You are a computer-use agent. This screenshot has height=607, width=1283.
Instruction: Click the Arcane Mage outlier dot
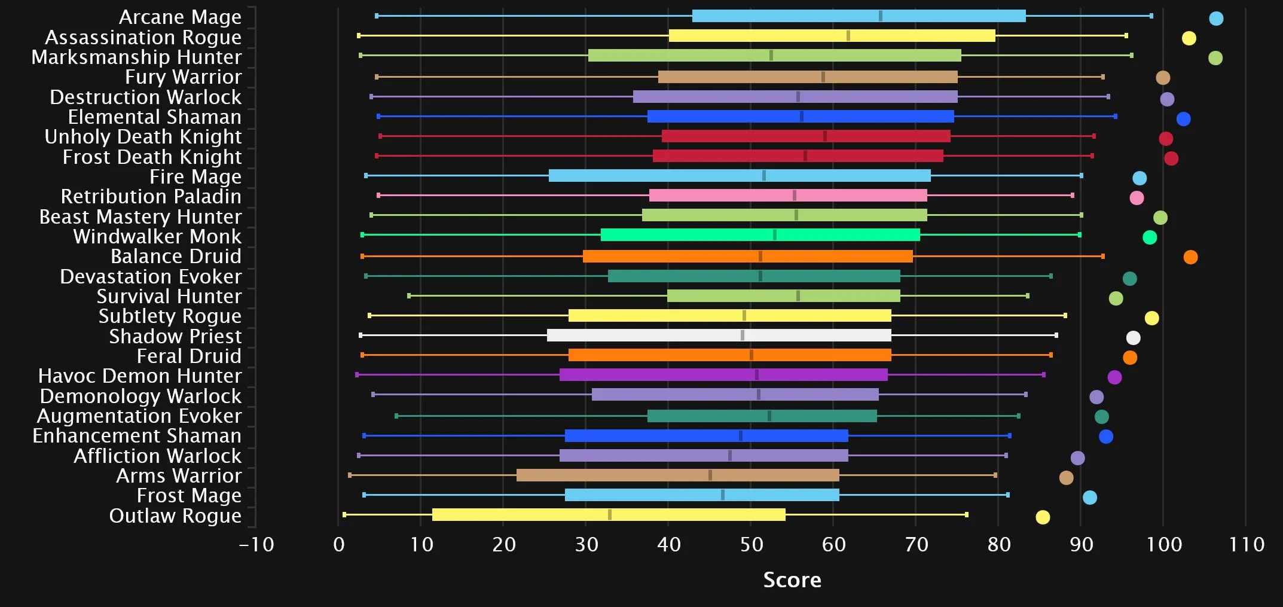coord(1215,19)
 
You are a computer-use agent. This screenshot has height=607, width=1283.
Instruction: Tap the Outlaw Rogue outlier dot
coord(1042,517)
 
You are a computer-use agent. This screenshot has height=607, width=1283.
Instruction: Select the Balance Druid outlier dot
coord(1190,257)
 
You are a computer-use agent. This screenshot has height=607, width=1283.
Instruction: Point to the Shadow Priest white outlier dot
coord(1133,338)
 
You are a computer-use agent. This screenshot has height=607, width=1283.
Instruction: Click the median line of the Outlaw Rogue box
coord(609,515)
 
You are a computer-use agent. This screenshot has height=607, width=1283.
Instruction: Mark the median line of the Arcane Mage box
coord(880,16)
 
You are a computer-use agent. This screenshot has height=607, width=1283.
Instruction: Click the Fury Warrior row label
coord(183,77)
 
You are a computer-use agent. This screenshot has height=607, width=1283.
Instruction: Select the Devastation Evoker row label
coord(151,277)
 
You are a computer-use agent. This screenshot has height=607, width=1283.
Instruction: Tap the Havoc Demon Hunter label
coord(140,376)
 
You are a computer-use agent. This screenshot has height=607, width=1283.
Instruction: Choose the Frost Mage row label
coord(189,496)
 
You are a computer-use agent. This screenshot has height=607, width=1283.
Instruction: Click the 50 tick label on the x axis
coord(751,545)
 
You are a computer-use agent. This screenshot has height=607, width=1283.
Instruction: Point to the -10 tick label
coord(256,545)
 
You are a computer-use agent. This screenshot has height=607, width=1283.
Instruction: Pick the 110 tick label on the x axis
coord(1246,545)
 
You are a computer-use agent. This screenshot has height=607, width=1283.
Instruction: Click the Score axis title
coord(792,579)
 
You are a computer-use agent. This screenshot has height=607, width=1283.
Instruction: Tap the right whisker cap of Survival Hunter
coord(1027,296)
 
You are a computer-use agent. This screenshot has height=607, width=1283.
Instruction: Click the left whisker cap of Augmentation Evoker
coord(396,416)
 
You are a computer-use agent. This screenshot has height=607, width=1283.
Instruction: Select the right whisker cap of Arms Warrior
coord(995,475)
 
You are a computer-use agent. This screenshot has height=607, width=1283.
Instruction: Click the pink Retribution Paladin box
coord(788,196)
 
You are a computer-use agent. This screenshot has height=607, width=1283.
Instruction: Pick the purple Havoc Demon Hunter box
coord(723,375)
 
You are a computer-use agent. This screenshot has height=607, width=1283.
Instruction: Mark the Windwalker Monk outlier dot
coord(1149,237)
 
